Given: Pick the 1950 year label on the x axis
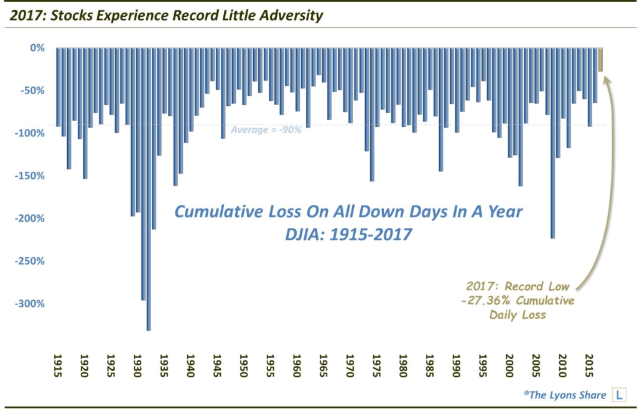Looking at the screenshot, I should pyautogui.click(x=244, y=364).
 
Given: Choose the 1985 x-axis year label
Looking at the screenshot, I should pyautogui.click(x=430, y=364).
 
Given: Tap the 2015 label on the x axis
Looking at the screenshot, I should pyautogui.click(x=590, y=364).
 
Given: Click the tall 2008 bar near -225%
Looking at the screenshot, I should pyautogui.click(x=552, y=187).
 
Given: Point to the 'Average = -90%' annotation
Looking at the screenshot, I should pyautogui.click(x=266, y=130).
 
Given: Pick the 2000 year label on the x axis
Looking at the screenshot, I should pyautogui.click(x=510, y=364).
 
